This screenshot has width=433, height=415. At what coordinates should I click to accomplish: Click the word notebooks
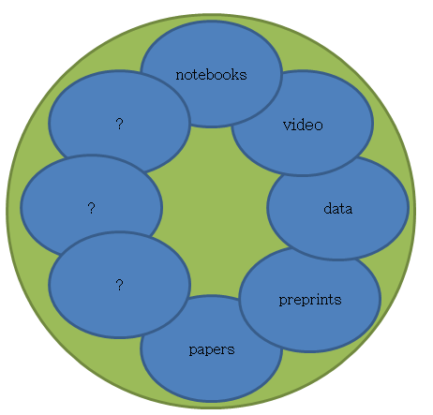211,75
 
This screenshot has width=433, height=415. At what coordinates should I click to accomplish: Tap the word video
303,125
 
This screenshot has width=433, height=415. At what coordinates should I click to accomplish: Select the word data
338,209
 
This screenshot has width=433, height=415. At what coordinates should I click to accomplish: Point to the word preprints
310,300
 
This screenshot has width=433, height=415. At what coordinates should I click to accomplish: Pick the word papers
212,349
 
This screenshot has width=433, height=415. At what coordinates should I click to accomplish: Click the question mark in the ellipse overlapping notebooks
119,124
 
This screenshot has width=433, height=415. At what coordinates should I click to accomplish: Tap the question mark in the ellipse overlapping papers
119,285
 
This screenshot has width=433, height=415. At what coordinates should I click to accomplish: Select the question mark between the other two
91,208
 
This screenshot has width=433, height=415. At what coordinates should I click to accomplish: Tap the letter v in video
287,126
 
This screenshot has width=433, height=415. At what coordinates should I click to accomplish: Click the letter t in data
341,209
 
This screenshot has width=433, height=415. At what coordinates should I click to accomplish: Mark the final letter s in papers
231,349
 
